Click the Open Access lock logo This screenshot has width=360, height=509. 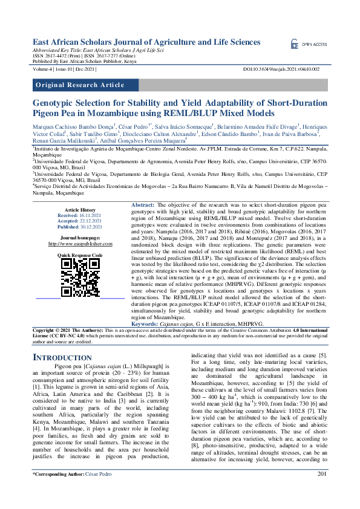point(295,45)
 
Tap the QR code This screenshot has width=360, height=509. point(79,276)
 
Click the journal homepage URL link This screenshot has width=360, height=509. point(80,244)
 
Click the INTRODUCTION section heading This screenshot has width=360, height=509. point(61,357)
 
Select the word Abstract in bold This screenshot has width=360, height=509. point(143,206)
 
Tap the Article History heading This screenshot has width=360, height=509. point(80,209)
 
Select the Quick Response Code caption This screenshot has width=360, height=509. point(80,256)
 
